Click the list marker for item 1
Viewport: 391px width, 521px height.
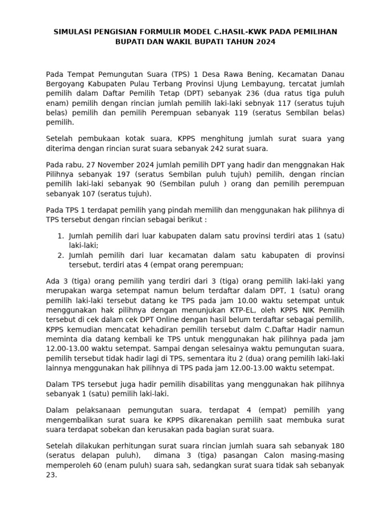pyautogui.click(x=61, y=236)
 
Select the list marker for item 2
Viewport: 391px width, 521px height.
pyautogui.click(x=61, y=255)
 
